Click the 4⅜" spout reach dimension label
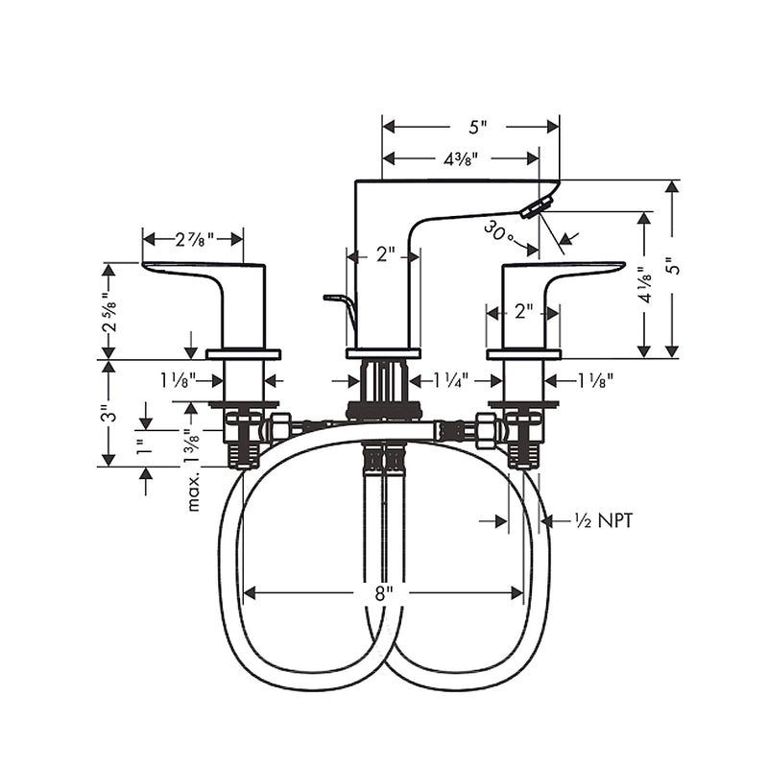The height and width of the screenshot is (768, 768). click(x=461, y=158)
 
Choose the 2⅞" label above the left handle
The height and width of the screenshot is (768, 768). click(x=195, y=239)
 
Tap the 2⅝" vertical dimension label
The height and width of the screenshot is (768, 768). click(x=109, y=313)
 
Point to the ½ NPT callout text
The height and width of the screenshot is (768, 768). click(x=604, y=520)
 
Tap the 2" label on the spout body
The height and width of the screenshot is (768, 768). click(x=386, y=254)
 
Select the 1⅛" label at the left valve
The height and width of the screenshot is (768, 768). click(x=179, y=380)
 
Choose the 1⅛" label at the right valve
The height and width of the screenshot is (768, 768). click(x=595, y=380)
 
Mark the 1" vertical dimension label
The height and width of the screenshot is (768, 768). click(x=143, y=446)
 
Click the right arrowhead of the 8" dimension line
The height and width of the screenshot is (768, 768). click(x=517, y=593)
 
